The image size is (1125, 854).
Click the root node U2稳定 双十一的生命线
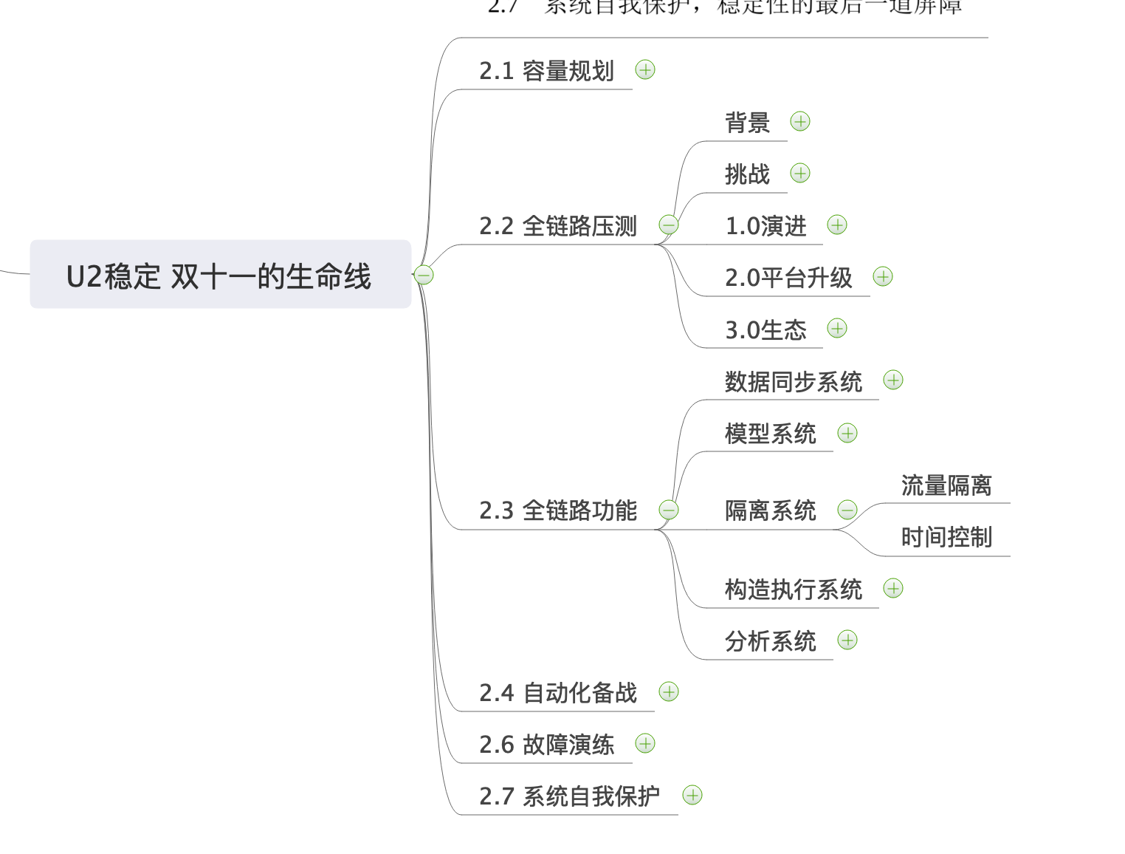(219, 275)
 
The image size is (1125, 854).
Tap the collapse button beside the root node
(424, 275)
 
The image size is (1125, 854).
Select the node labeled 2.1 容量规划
(546, 71)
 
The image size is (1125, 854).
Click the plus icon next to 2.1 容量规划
(645, 70)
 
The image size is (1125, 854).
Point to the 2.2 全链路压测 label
(558, 226)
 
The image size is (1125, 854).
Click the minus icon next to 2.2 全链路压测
(669, 225)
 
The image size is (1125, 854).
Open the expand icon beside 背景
(800, 122)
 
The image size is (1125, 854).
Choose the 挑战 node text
(747, 174)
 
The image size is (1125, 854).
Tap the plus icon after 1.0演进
(837, 225)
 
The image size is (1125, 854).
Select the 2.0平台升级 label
(788, 278)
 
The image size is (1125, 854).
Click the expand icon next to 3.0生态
(837, 329)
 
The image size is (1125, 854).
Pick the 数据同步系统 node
(794, 382)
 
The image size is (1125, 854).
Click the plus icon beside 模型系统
(847, 434)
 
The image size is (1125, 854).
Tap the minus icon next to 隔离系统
(847, 510)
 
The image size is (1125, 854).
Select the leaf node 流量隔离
(946, 485)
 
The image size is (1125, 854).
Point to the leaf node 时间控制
(946, 537)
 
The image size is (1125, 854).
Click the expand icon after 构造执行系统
(893, 589)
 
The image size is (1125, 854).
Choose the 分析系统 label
(771, 641)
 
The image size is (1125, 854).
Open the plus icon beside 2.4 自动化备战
(669, 692)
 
